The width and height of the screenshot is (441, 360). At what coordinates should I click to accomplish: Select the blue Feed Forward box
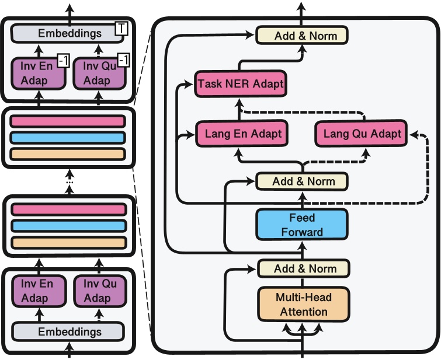(302, 225)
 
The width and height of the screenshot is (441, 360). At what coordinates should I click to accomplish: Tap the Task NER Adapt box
(240, 84)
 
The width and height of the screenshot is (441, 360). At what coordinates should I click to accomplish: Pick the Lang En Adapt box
(239, 134)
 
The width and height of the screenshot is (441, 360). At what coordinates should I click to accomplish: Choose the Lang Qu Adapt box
(362, 134)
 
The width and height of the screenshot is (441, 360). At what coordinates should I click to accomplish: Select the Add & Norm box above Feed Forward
(302, 181)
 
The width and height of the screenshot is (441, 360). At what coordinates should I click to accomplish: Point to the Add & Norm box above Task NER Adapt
(302, 36)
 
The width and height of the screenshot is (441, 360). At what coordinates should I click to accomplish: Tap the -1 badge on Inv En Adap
(62, 60)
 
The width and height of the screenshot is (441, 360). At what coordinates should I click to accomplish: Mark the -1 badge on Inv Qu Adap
(123, 60)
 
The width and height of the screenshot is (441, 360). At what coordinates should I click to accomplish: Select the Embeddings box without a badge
(69, 331)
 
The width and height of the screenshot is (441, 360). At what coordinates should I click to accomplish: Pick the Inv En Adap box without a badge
(37, 291)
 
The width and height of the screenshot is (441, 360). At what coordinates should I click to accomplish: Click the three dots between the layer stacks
(70, 182)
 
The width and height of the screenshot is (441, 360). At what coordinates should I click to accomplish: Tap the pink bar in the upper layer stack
(68, 121)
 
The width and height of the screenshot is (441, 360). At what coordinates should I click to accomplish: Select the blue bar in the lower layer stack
(68, 226)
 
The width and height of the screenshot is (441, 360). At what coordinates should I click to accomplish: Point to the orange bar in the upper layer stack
(68, 154)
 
